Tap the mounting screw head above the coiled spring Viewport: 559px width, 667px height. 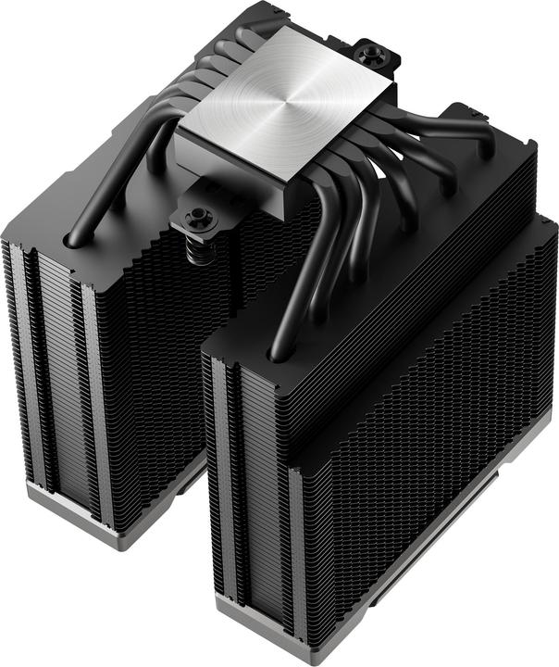(x=198, y=217)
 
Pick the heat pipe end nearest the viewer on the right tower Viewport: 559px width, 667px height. (x=278, y=353)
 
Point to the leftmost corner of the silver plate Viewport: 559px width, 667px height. (x=175, y=128)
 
